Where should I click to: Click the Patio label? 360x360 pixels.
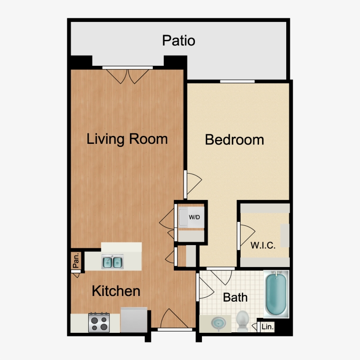(x=178, y=41)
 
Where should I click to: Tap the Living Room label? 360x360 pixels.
(x=127, y=139)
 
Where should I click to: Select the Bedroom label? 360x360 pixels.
(x=234, y=140)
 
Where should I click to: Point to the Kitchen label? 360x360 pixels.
(x=116, y=291)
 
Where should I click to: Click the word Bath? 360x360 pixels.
(x=235, y=297)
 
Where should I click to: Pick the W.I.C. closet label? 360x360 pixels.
(x=263, y=245)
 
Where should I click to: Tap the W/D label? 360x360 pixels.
(x=194, y=217)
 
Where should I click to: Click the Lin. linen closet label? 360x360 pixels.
(x=267, y=327)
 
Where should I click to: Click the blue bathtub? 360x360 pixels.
(x=276, y=293)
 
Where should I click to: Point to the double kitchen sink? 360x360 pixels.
(x=112, y=262)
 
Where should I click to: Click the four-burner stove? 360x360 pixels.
(x=99, y=323)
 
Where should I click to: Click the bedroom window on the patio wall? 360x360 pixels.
(x=238, y=81)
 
